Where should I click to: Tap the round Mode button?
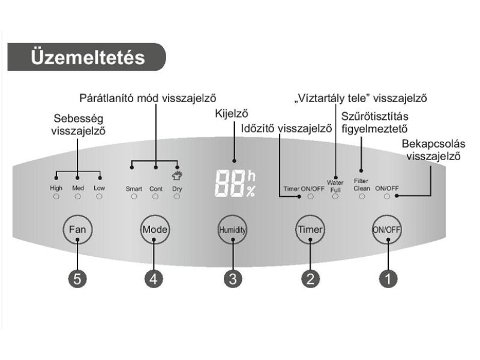[x=154, y=230]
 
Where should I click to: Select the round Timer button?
[x=310, y=230]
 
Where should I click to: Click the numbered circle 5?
[x=78, y=278]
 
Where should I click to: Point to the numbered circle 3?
[x=232, y=278]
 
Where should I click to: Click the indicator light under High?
[x=56, y=196]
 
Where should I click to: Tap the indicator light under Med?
[x=78, y=196]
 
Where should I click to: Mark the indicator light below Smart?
[x=133, y=196]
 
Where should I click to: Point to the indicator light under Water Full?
[x=335, y=196]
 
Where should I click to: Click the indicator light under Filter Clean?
[x=362, y=196]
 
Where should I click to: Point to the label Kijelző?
[x=230, y=114]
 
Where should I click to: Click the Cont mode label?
[x=156, y=188]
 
